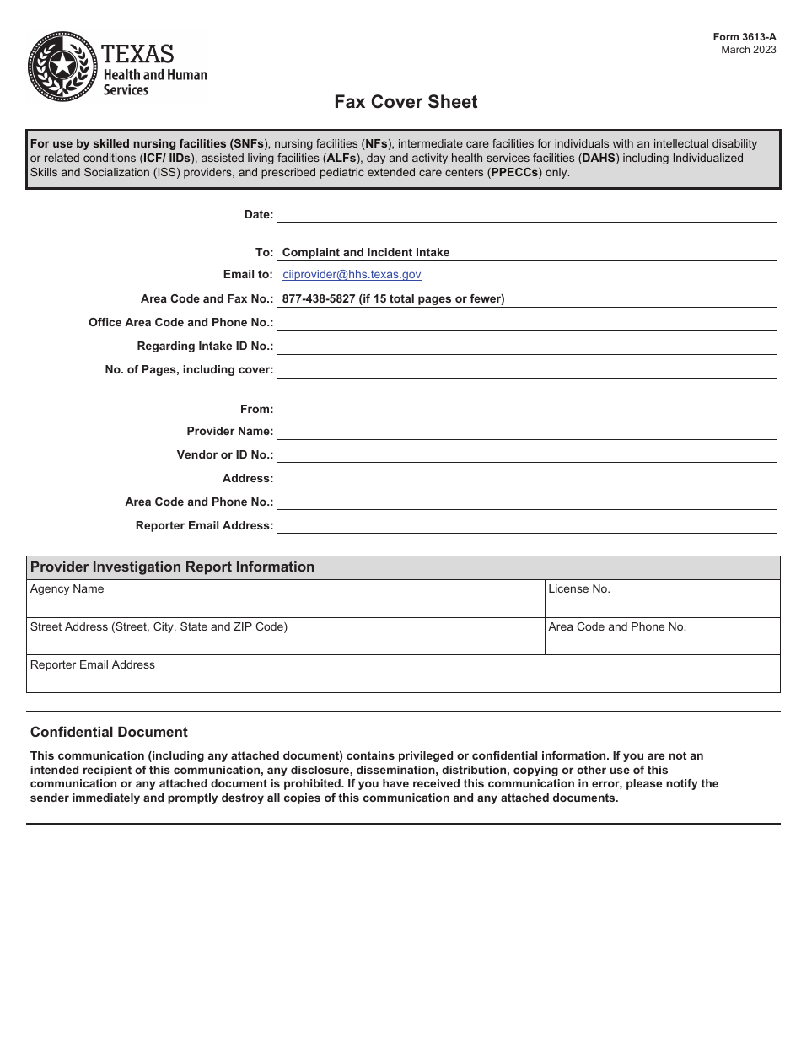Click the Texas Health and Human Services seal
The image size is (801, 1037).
[62, 67]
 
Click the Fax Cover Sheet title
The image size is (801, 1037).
[406, 102]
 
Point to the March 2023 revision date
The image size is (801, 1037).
[749, 50]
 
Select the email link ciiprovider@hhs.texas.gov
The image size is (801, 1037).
[352, 274]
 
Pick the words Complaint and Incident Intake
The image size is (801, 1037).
[365, 252]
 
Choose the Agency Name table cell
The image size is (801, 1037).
[285, 599]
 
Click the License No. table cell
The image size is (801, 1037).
[662, 599]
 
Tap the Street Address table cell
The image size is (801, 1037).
[285, 637]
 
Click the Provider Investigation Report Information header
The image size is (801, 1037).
[172, 567]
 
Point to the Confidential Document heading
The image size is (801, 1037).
[109, 732]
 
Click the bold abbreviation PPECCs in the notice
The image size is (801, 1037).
[515, 172]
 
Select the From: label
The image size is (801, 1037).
[256, 409]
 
